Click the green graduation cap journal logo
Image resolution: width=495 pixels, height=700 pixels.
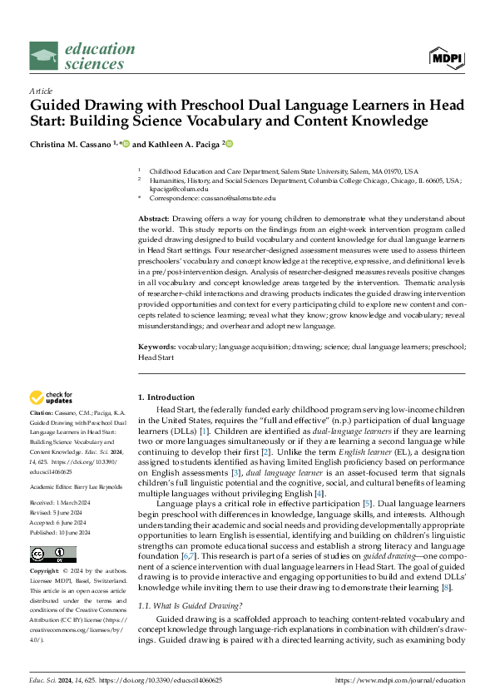point(43,57)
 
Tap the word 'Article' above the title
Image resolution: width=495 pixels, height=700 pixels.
point(40,90)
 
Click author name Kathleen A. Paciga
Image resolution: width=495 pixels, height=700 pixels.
point(176,144)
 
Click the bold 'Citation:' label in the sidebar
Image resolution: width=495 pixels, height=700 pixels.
point(42,413)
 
